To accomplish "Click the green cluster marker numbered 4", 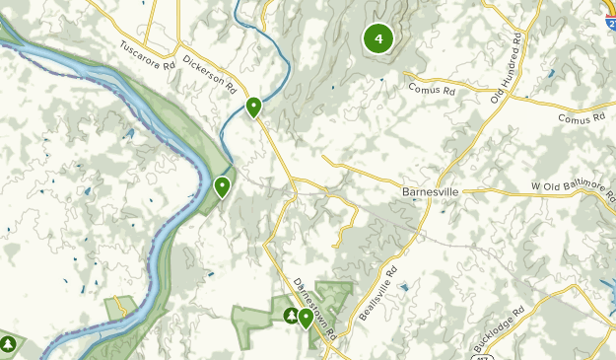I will point(378,38).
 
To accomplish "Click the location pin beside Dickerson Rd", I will point(254,107).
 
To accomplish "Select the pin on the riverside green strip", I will point(223,186).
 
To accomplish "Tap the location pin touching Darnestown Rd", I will point(306,318).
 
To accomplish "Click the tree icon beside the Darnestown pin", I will point(291,317).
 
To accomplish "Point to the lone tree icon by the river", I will point(9,345).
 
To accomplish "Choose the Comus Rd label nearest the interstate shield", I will point(580,118).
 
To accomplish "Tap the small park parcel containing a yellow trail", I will point(121,307).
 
